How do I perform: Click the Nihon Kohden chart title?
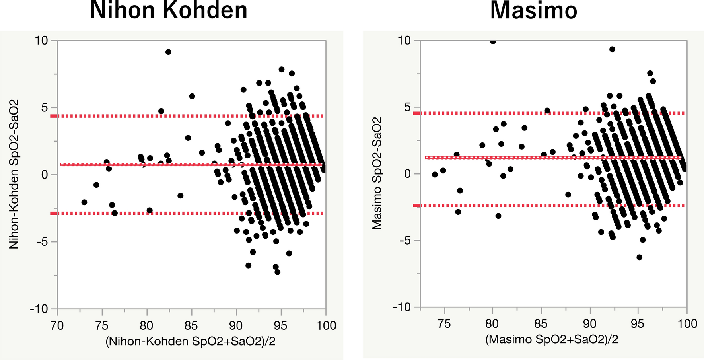[168, 11]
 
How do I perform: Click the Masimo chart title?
[533, 11]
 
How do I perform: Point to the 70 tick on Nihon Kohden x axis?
[57, 326]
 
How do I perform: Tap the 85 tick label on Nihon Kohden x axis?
[191, 326]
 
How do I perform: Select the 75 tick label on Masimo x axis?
[444, 324]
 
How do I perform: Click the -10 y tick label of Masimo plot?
[402, 307]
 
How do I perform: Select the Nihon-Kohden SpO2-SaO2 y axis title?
[14, 174]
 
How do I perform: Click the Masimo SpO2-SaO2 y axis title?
[377, 173]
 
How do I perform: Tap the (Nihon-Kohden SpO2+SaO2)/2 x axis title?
[190, 341]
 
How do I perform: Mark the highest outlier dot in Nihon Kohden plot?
[168, 52]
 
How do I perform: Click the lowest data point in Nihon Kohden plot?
[277, 272]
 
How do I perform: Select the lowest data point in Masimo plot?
[639, 257]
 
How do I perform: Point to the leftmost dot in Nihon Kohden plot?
[84, 202]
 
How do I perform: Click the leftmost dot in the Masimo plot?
[435, 175]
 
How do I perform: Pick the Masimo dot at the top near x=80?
[493, 41]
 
